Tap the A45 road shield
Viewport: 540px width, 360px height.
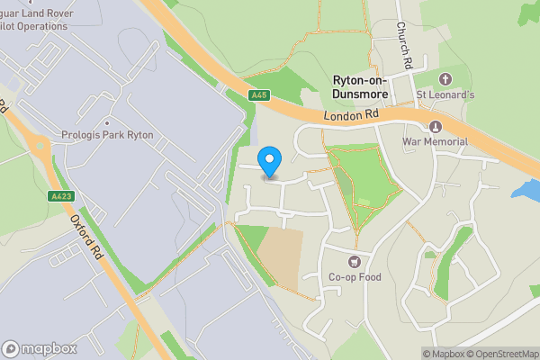point(260,95)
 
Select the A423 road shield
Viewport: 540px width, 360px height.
point(59,194)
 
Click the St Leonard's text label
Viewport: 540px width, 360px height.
point(444,94)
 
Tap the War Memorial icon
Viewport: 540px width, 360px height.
point(436,126)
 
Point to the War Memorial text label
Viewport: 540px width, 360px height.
point(436,142)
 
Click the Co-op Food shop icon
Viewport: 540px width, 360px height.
point(354,261)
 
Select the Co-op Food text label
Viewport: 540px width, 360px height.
point(354,277)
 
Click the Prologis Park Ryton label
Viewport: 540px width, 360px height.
point(107,135)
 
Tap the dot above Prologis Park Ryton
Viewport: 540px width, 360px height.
point(107,122)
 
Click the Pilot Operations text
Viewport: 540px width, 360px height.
point(36,26)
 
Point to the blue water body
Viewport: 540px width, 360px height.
point(526,190)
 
